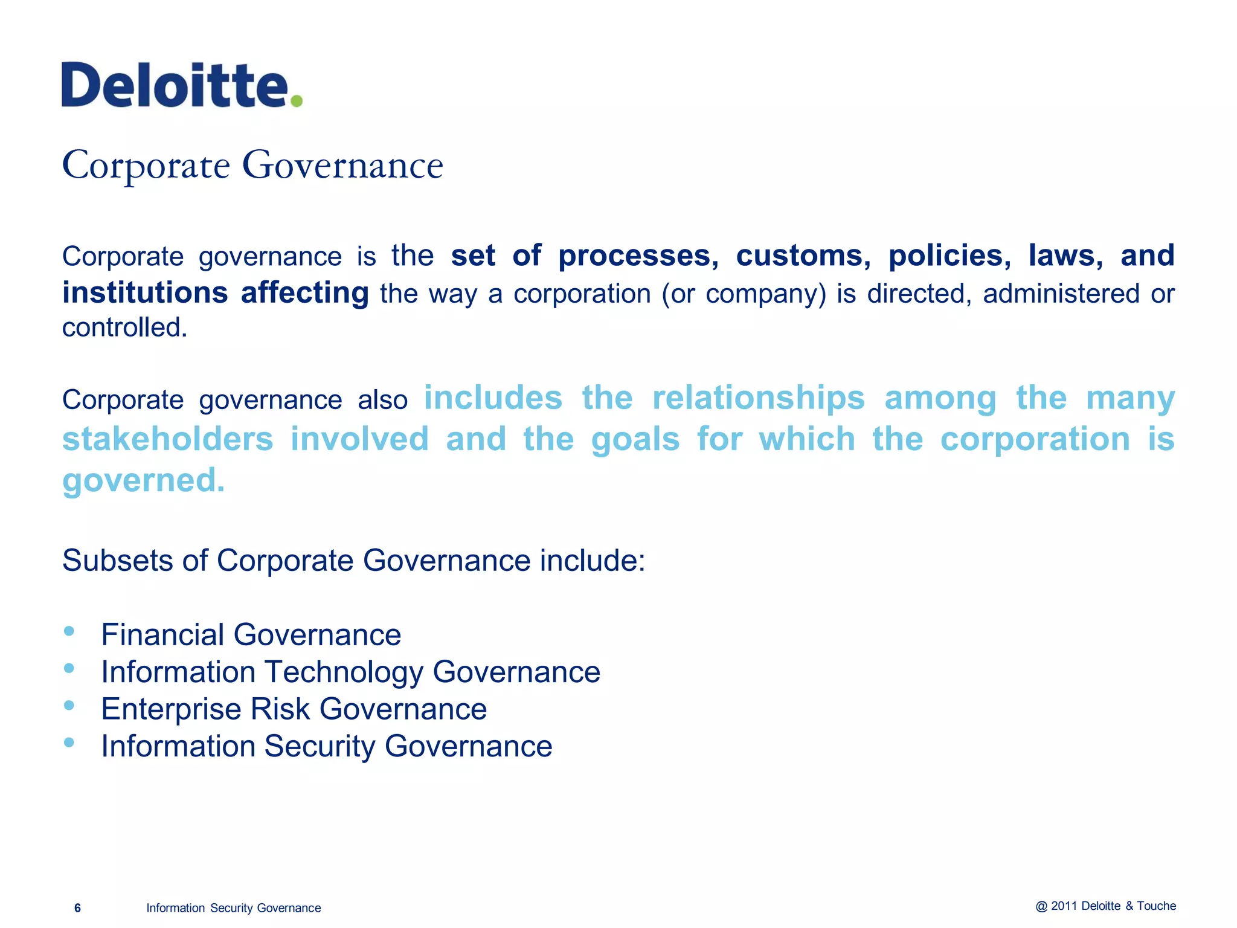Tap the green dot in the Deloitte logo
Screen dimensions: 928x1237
point(296,100)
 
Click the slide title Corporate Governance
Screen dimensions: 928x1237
point(252,165)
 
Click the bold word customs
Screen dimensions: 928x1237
point(803,256)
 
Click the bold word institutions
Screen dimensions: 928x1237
point(145,293)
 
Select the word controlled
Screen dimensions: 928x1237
point(124,327)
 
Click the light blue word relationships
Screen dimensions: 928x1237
point(759,399)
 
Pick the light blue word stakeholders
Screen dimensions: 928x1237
point(168,439)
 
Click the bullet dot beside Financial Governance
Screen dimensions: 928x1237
point(69,631)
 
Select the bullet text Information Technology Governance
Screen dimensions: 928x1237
point(350,672)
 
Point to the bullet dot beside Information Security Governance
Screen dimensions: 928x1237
point(69,743)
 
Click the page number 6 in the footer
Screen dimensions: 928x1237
point(77,908)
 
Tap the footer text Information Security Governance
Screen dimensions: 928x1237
point(233,908)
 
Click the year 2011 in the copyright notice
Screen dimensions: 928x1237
point(1064,906)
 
